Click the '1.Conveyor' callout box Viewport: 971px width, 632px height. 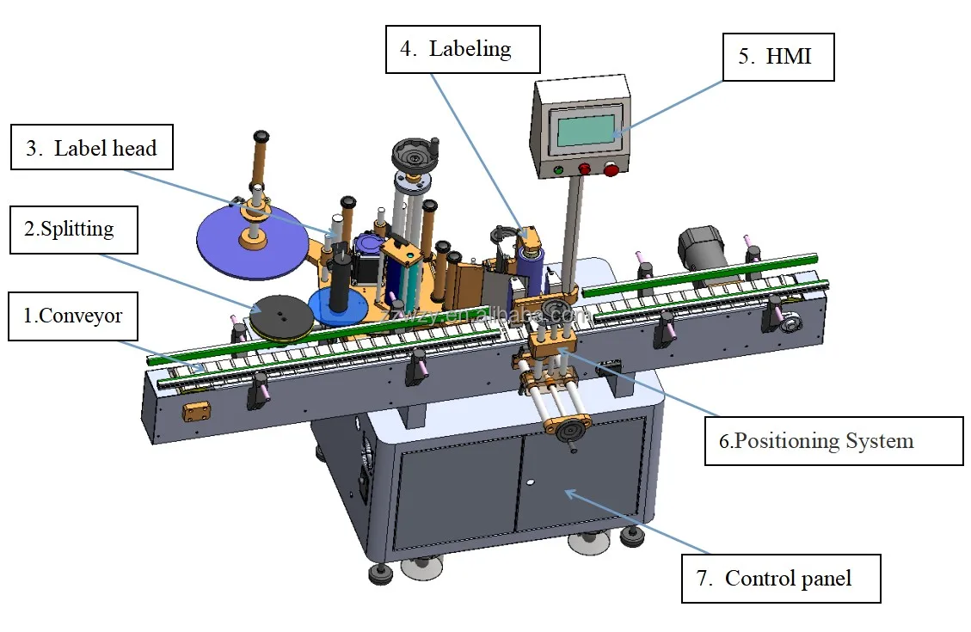pos(72,316)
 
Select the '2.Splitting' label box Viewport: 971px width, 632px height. pos(74,230)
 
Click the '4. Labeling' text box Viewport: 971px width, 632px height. pos(463,49)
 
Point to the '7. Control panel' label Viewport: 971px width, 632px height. pos(782,578)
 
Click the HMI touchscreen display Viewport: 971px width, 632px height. pos(586,130)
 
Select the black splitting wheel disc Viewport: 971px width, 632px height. pos(282,316)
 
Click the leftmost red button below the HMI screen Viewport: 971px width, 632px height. pos(585,170)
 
